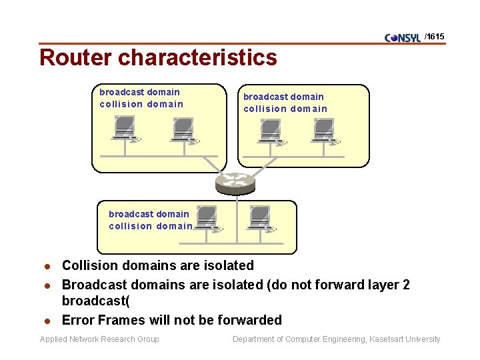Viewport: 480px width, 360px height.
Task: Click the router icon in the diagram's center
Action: coord(235,182)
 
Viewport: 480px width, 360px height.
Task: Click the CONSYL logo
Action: coord(403,37)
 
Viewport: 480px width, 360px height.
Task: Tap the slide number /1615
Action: coord(435,36)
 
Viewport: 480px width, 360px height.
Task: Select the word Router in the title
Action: coord(75,57)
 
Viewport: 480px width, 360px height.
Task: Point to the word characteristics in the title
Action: coord(197,57)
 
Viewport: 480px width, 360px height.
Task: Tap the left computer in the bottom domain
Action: coord(207,218)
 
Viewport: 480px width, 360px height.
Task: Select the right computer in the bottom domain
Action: coord(260,219)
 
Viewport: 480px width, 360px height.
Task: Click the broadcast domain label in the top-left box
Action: coord(139,92)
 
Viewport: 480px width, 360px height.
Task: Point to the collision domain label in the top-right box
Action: coord(285,109)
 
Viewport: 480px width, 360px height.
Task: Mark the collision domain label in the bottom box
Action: coord(151,226)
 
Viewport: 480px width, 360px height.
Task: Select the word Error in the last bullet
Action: coord(79,320)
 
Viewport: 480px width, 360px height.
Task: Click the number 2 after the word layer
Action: coord(406,285)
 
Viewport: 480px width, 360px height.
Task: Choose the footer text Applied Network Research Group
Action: coord(99,339)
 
